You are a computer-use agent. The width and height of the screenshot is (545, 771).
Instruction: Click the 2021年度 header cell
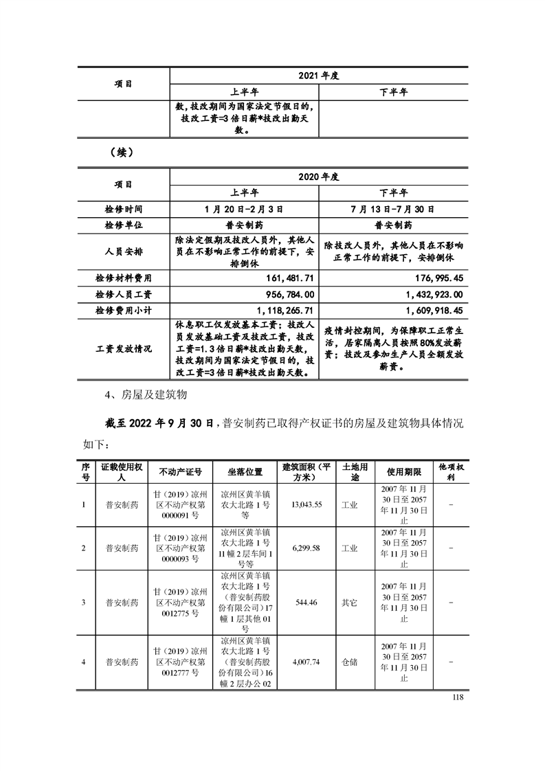(x=319, y=76)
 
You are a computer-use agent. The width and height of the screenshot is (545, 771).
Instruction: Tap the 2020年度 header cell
(x=319, y=177)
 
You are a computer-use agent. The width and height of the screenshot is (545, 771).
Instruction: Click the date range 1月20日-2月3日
(x=244, y=208)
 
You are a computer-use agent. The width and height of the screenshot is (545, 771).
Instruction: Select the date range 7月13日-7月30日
(x=394, y=208)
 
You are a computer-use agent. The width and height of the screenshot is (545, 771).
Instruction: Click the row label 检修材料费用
(x=123, y=278)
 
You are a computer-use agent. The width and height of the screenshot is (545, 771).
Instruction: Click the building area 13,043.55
(x=307, y=504)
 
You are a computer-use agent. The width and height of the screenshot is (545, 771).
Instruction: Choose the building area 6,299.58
(x=307, y=548)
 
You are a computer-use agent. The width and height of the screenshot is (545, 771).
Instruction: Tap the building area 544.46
(x=305, y=603)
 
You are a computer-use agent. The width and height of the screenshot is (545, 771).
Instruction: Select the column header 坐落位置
(x=245, y=472)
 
